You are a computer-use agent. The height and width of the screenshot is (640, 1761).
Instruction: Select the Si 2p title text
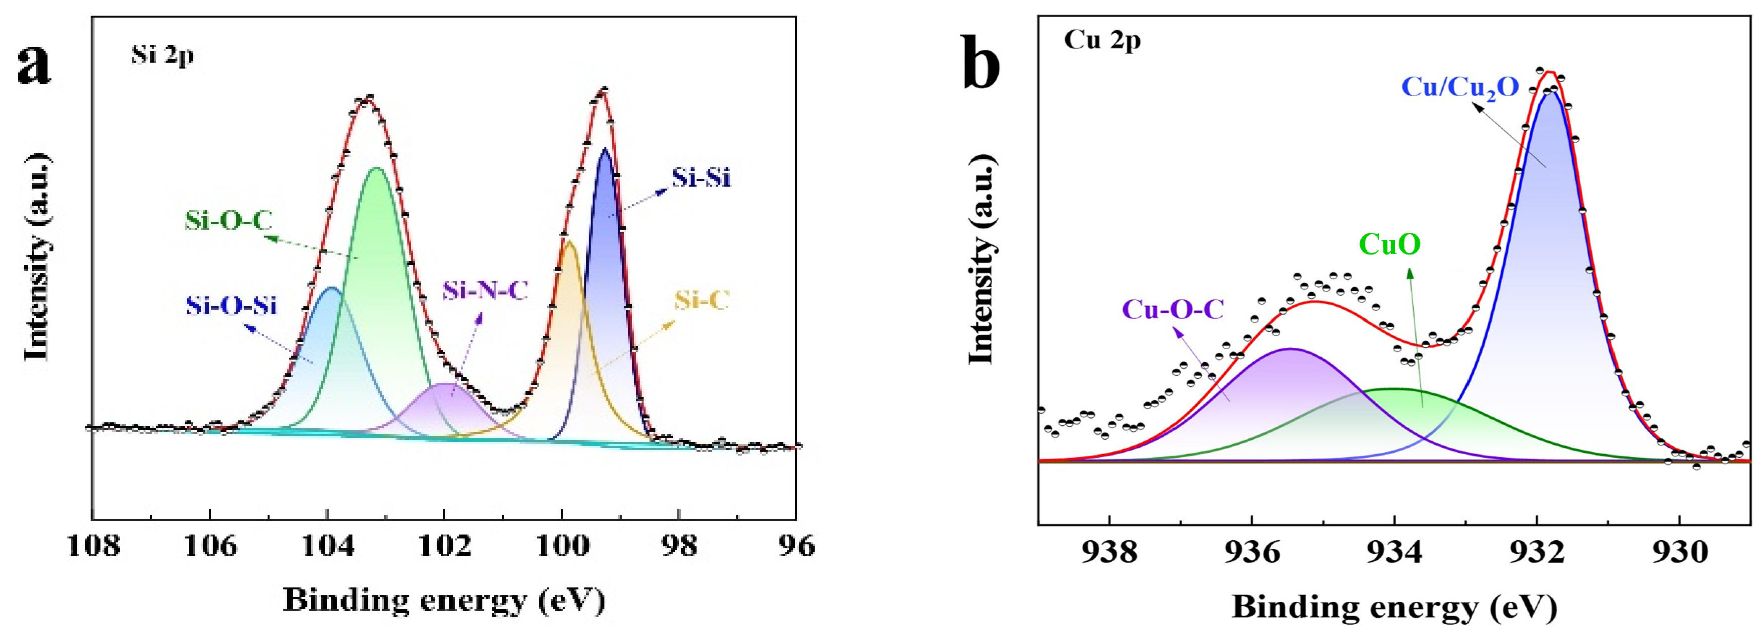(x=163, y=54)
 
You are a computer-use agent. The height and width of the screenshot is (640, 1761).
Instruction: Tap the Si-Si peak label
(x=701, y=178)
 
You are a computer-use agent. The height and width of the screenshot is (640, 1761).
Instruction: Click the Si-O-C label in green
(x=228, y=220)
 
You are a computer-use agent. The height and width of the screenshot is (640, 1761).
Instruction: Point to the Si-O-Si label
(x=231, y=305)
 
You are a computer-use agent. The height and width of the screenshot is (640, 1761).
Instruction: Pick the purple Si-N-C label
(x=485, y=291)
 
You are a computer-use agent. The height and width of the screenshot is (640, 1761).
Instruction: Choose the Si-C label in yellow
(x=702, y=300)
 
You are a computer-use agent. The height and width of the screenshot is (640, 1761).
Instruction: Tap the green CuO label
(x=1390, y=244)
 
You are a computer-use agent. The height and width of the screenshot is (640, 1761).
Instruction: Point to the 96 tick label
(x=796, y=546)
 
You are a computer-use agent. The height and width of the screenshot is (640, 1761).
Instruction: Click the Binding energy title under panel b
(x=1395, y=607)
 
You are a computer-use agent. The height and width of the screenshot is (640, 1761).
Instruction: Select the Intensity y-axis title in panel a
(x=38, y=256)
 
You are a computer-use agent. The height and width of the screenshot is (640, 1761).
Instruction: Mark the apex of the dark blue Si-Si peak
(x=605, y=148)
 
